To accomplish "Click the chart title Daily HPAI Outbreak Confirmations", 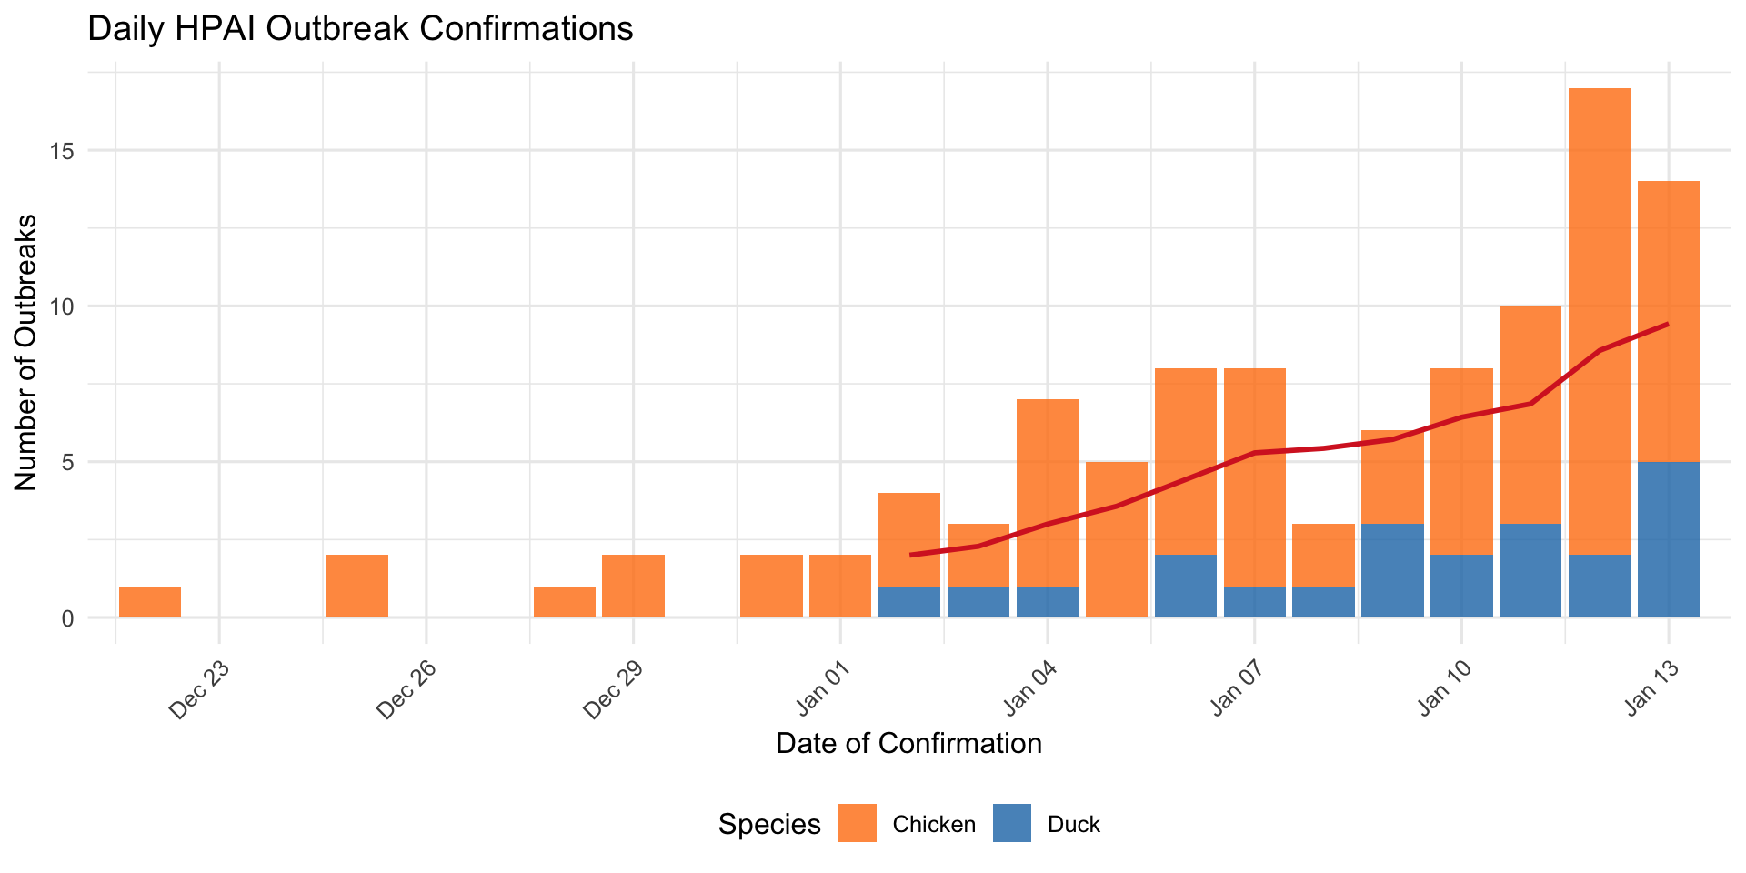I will coord(360,29).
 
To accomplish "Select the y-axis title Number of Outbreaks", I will coord(26,353).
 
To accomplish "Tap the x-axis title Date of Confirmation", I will coord(908,744).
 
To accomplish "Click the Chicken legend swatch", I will coord(857,823).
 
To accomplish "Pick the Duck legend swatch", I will coord(1012,823).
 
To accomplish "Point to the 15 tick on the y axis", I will coord(61,151).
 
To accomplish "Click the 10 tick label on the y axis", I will coord(61,306).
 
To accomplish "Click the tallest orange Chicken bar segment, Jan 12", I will coord(1600,318).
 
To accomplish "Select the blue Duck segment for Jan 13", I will coord(1669,539).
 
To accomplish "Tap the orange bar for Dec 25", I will coord(357,586).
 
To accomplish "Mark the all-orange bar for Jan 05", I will coord(1117,539).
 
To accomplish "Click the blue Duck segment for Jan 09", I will coord(1392,570).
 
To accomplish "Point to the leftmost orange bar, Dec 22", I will coord(150,602).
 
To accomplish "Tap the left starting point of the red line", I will coord(910,555).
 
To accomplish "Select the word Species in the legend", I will coord(769,824).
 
